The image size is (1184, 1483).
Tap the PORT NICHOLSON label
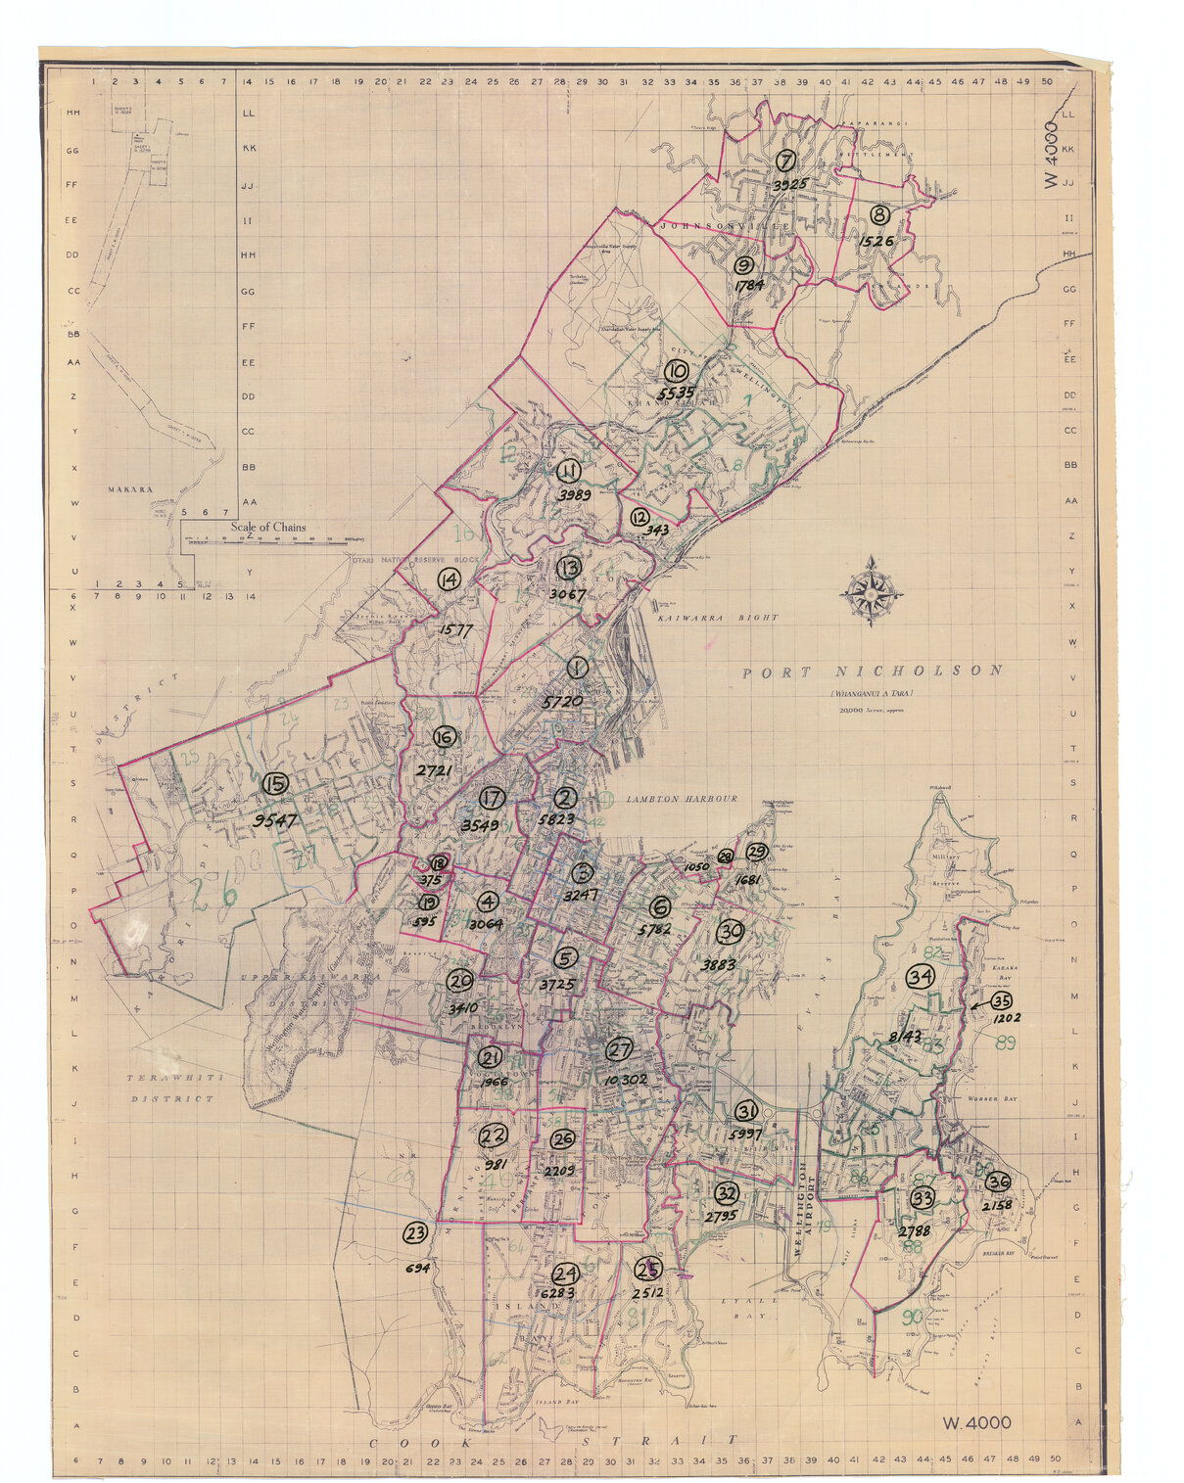[x=872, y=672]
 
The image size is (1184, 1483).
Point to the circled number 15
[x=275, y=783]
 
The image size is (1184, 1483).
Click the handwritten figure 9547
[x=274, y=820]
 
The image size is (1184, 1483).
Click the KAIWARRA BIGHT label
[x=718, y=618]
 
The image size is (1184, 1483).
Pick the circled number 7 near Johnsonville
[x=785, y=161]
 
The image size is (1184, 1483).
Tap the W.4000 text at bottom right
[x=976, y=1423]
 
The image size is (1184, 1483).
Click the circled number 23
[x=415, y=1232]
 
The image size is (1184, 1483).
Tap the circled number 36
[x=997, y=1182]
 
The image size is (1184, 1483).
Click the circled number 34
[x=919, y=977]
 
